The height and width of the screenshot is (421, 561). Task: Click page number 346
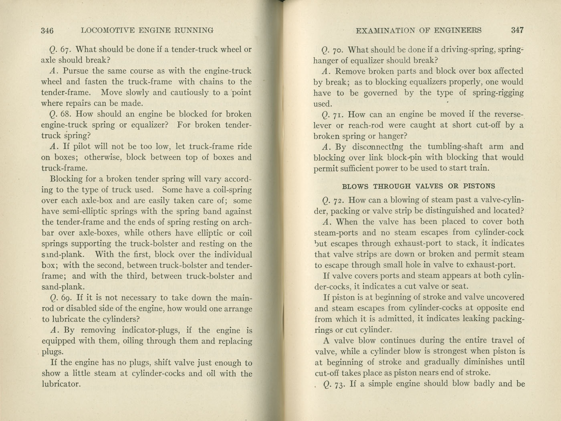click(47, 30)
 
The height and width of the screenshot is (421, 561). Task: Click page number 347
click(517, 30)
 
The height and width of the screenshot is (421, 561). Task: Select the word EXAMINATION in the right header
click(384, 30)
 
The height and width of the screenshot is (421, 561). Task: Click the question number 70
click(338, 50)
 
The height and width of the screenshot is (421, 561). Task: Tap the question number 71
click(338, 114)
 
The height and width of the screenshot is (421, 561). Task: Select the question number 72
click(339, 200)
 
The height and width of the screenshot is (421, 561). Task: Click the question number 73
click(339, 384)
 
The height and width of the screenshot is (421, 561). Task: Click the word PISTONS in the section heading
click(479, 186)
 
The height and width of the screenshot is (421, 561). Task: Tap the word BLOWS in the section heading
click(356, 186)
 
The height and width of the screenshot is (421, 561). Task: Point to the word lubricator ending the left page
click(61, 384)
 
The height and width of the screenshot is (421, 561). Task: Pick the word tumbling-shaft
click(455, 147)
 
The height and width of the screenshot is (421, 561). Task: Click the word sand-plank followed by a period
click(62, 287)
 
